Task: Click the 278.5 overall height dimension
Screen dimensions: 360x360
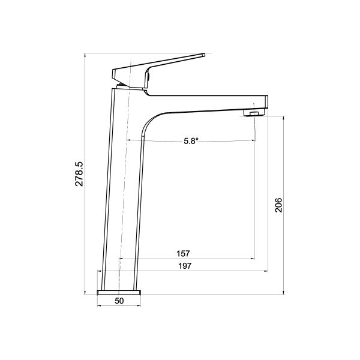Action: click(x=79, y=173)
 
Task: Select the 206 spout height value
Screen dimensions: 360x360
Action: click(x=278, y=205)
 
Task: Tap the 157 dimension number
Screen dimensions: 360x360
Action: click(x=184, y=253)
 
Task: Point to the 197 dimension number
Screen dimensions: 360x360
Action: click(x=184, y=266)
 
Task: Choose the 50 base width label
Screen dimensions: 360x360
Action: click(x=119, y=301)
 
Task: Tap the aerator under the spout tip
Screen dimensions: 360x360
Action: click(x=253, y=112)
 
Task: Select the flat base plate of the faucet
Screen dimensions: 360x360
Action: click(x=119, y=292)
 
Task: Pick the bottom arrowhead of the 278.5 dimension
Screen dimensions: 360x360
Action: click(x=86, y=292)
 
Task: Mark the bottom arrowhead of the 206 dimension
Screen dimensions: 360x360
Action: click(x=284, y=292)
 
